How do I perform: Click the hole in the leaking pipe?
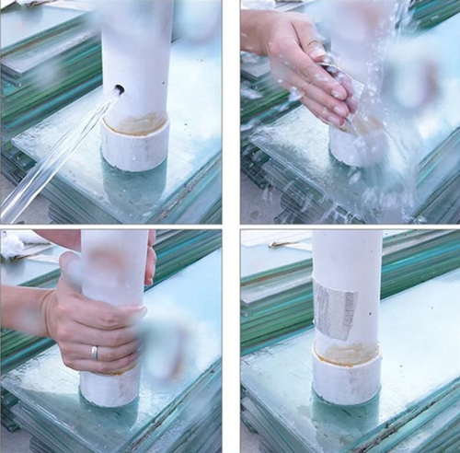pos(119,90)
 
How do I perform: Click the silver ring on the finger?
pos(94,352)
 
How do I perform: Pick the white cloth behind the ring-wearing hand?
pos(14,244)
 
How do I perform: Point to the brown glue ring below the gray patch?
pos(346,353)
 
